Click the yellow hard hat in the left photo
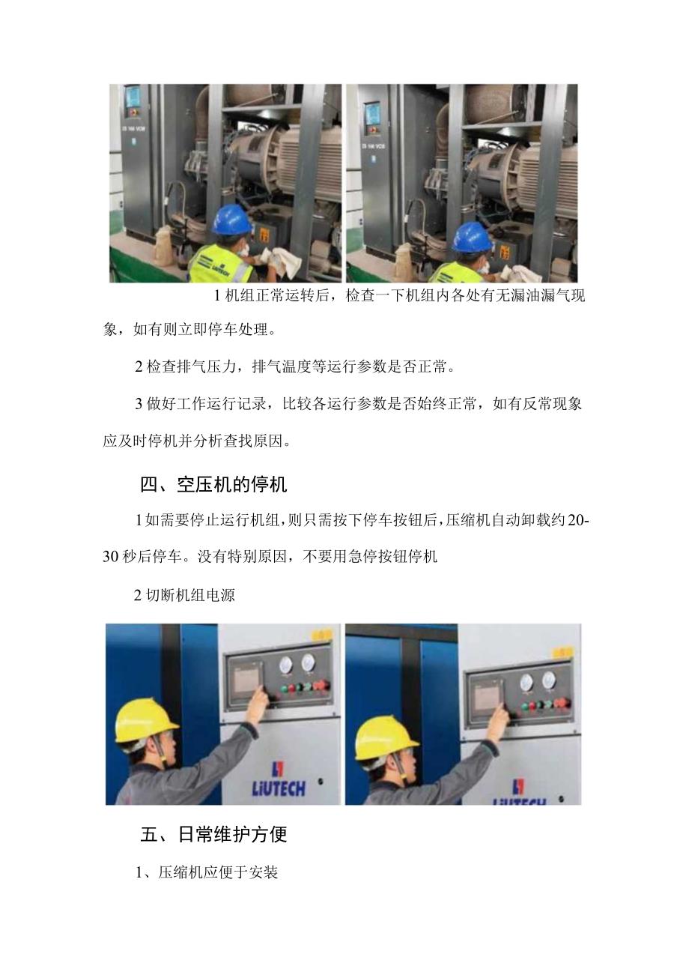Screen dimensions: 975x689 145,720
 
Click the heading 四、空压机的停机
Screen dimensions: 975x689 214,485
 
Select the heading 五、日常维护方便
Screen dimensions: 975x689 214,834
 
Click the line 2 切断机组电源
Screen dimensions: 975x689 184,595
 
